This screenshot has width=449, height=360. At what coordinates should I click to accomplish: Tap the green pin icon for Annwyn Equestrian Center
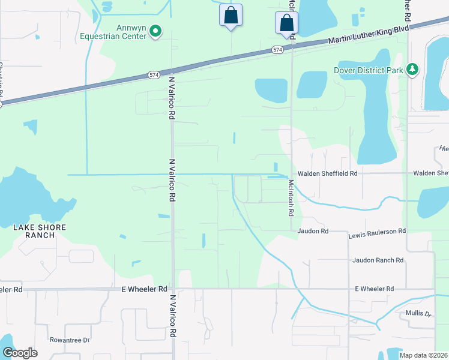click(155, 31)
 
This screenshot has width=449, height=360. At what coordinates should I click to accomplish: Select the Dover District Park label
click(369, 70)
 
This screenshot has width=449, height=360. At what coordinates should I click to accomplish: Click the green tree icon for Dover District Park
click(412, 70)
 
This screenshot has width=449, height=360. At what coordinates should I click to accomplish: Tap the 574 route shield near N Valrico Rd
click(153, 75)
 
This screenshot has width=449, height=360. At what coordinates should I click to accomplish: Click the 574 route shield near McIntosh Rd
click(277, 50)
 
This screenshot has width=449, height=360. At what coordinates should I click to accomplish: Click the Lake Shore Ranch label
click(40, 231)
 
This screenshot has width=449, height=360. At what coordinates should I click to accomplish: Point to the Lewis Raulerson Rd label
click(377, 230)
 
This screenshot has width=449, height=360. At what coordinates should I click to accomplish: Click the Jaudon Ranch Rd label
click(378, 260)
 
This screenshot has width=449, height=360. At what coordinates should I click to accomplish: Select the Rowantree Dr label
click(69, 340)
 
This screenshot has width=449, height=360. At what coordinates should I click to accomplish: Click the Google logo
click(20, 353)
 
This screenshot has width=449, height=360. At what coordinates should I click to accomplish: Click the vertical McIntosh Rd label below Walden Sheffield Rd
click(291, 197)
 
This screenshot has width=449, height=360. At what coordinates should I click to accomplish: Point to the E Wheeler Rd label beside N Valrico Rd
click(144, 289)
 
